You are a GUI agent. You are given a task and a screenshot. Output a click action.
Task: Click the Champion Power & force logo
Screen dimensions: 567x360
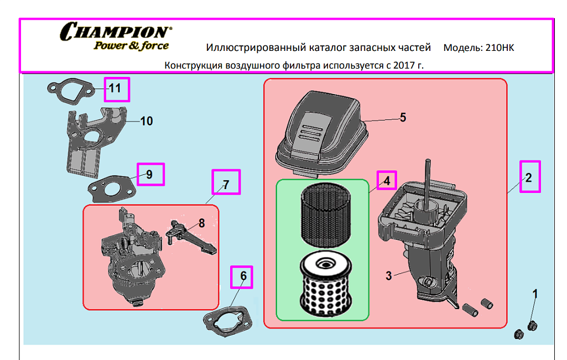click(x=116, y=36)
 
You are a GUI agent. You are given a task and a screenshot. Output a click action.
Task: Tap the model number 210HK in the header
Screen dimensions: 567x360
click(x=500, y=48)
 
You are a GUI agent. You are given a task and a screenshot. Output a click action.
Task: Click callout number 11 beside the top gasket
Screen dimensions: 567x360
click(x=115, y=88)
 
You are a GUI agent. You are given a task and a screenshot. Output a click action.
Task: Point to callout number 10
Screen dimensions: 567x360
click(x=147, y=121)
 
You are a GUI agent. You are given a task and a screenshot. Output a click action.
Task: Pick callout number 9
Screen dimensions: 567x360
click(x=149, y=175)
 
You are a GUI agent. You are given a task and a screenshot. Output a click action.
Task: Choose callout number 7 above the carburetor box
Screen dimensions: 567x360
click(x=226, y=185)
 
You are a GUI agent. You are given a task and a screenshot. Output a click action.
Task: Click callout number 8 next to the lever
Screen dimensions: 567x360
click(x=201, y=223)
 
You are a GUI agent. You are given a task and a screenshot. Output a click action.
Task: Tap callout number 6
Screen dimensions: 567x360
click(x=243, y=276)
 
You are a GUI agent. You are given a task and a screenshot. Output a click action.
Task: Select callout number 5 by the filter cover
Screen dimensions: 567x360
click(x=403, y=117)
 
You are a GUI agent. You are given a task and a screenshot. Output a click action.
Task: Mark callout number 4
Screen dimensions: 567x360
click(x=387, y=181)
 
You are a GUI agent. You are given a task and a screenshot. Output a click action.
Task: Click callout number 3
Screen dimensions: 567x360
click(x=389, y=276)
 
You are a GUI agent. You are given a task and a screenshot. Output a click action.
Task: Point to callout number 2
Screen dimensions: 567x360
click(x=529, y=178)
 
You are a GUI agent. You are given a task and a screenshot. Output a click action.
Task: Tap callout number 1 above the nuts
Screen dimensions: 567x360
click(x=535, y=294)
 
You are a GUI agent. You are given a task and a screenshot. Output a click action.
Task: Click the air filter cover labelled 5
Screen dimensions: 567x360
click(x=322, y=134)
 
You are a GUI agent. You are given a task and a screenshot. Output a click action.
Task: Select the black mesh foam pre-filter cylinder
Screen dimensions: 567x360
click(x=326, y=215)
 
